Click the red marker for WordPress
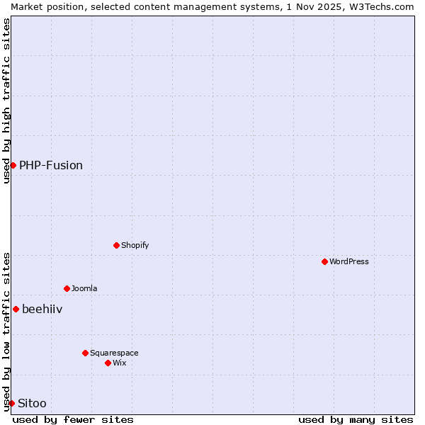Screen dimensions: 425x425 [x=324, y=261]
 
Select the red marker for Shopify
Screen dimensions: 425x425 [x=116, y=245]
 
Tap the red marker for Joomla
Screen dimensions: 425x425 [x=67, y=288]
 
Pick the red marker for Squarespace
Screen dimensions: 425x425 [x=85, y=353]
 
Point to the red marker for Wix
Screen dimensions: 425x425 [x=108, y=363]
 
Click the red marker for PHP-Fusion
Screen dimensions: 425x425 [x=13, y=165]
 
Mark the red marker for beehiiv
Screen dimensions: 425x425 [x=16, y=309]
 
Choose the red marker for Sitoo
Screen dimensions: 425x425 [x=11, y=403]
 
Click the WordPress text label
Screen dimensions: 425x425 [x=349, y=261]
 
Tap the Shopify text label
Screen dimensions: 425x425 [x=135, y=245]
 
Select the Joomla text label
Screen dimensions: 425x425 [x=84, y=288]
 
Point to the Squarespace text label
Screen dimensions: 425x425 [x=114, y=353]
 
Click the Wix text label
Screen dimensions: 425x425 [x=120, y=363]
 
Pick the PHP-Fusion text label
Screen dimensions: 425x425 [x=51, y=165]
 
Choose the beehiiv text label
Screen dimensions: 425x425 [x=42, y=309]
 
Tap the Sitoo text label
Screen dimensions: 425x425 [x=32, y=403]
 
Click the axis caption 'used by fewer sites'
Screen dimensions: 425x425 [x=73, y=419]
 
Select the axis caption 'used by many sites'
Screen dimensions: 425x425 [x=356, y=419]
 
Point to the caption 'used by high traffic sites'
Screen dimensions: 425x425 [x=6, y=101]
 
